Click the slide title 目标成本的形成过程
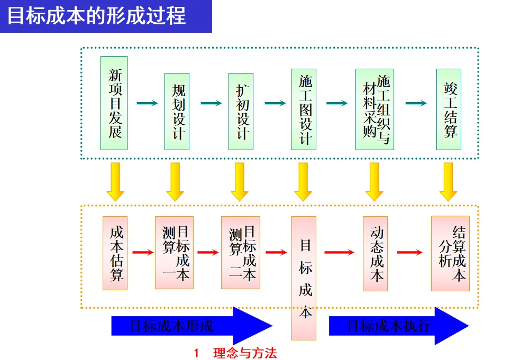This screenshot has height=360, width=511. coord(97,15)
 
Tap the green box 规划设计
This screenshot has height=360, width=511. coord(177,111)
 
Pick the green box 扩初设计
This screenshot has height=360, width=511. coord(241,111)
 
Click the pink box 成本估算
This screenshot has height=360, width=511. coord(115,253)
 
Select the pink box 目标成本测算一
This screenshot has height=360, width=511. coord(174,253)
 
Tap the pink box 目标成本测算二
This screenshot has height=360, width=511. coord(241,253)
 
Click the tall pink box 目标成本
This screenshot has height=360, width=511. coord(304,278)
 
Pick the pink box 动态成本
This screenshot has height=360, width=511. coord(375,254)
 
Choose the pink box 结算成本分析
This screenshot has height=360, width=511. coord(450,253)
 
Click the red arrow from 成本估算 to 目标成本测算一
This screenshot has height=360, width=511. coord(142,253)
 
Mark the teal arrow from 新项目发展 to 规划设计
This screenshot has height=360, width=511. coord(147,103)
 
